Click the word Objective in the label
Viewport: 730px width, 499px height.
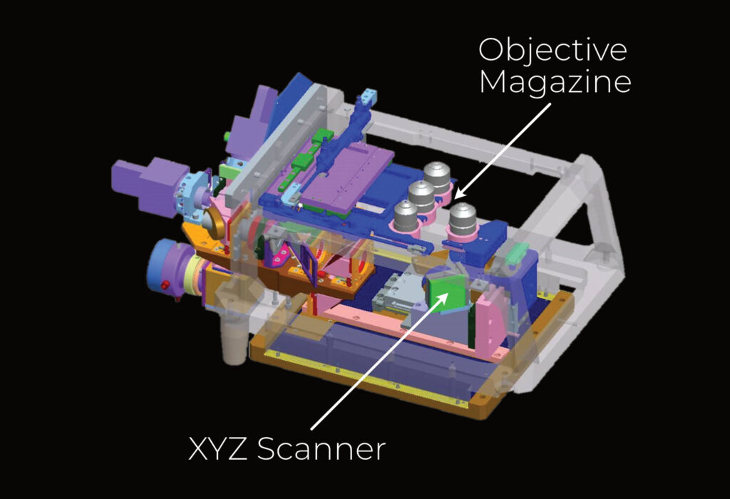(552, 51)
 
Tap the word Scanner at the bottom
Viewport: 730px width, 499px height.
(322, 449)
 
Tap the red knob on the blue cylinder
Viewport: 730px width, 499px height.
(164, 285)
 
